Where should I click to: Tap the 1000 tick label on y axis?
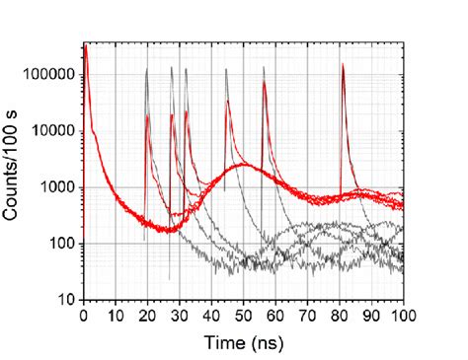(62, 187)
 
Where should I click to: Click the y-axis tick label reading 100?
(65, 244)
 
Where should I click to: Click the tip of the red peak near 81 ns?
(343, 66)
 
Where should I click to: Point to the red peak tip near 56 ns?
(264, 82)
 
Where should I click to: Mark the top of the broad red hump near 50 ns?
(244, 165)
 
